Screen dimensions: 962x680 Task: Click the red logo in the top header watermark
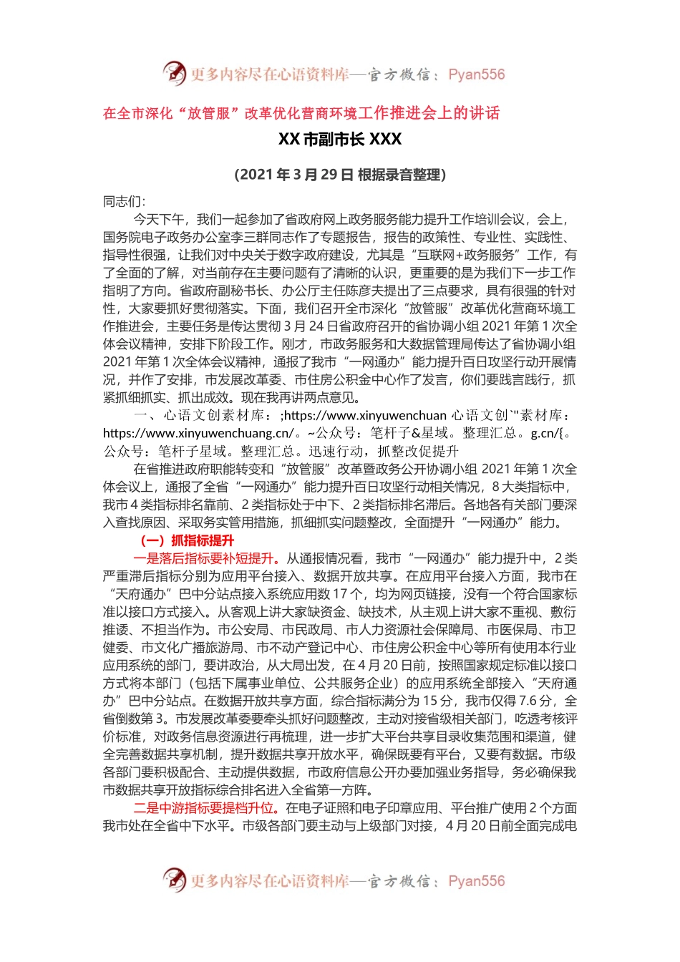point(174,73)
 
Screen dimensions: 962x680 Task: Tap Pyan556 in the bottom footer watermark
point(476,881)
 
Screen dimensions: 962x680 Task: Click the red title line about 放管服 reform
point(301,113)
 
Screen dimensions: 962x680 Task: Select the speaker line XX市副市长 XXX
point(340,140)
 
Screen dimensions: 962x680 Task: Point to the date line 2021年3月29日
point(340,175)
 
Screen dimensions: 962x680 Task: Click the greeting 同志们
point(123,202)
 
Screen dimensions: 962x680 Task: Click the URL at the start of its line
point(198,434)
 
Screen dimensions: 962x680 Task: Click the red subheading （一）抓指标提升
point(188,541)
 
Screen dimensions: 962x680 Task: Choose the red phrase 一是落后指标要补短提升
point(204,559)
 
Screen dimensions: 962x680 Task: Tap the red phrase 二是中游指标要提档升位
point(204,809)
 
